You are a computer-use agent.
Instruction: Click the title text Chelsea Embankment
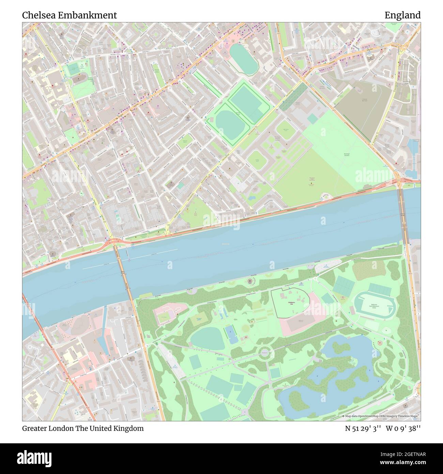(70, 15)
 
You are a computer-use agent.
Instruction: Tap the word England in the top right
(402, 15)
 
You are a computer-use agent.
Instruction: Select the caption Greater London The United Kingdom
(83, 428)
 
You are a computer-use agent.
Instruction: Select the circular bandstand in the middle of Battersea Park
(264, 353)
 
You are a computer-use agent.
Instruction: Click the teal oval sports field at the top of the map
(244, 59)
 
